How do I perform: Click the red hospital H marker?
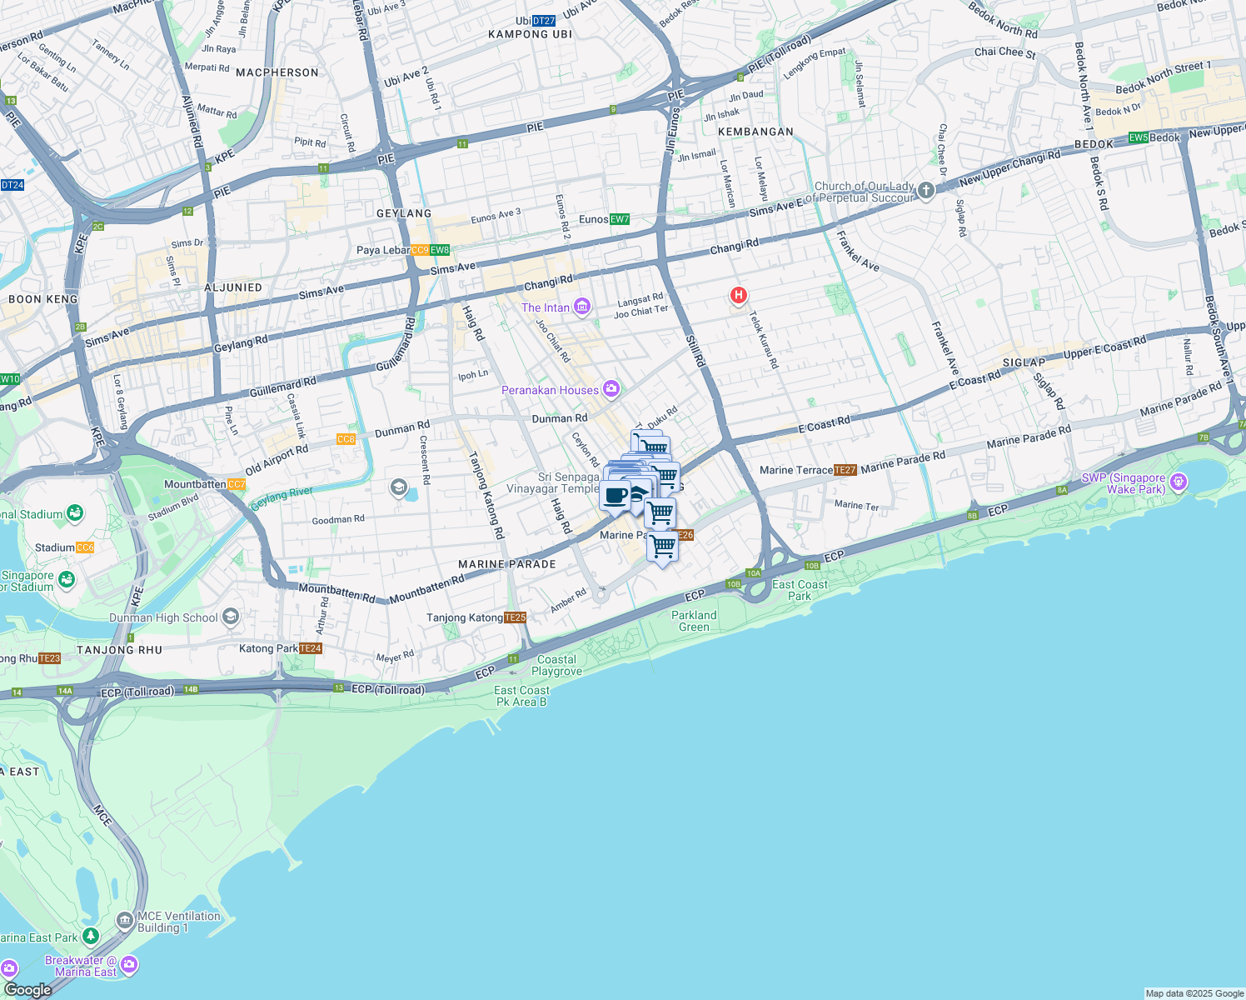coord(738,295)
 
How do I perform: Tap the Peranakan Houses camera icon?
coord(611,389)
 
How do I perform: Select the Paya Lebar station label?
coord(383,250)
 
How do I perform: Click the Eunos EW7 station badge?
coord(619,219)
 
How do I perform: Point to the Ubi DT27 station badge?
coord(543,21)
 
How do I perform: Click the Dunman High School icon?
coord(231,617)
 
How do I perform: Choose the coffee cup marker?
coord(616,496)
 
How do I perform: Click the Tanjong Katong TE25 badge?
coord(516,617)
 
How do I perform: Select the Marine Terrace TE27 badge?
coord(845,470)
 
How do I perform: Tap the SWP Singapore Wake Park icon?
coord(1178,482)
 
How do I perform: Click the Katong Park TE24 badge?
coord(311,648)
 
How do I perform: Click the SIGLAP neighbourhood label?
coord(1024,362)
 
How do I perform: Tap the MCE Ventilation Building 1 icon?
coord(125,920)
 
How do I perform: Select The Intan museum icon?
coord(581,307)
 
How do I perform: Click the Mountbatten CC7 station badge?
coord(237,484)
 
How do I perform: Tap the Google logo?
coord(27,990)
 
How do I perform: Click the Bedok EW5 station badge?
coord(1139,137)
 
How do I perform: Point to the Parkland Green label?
coord(694,621)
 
